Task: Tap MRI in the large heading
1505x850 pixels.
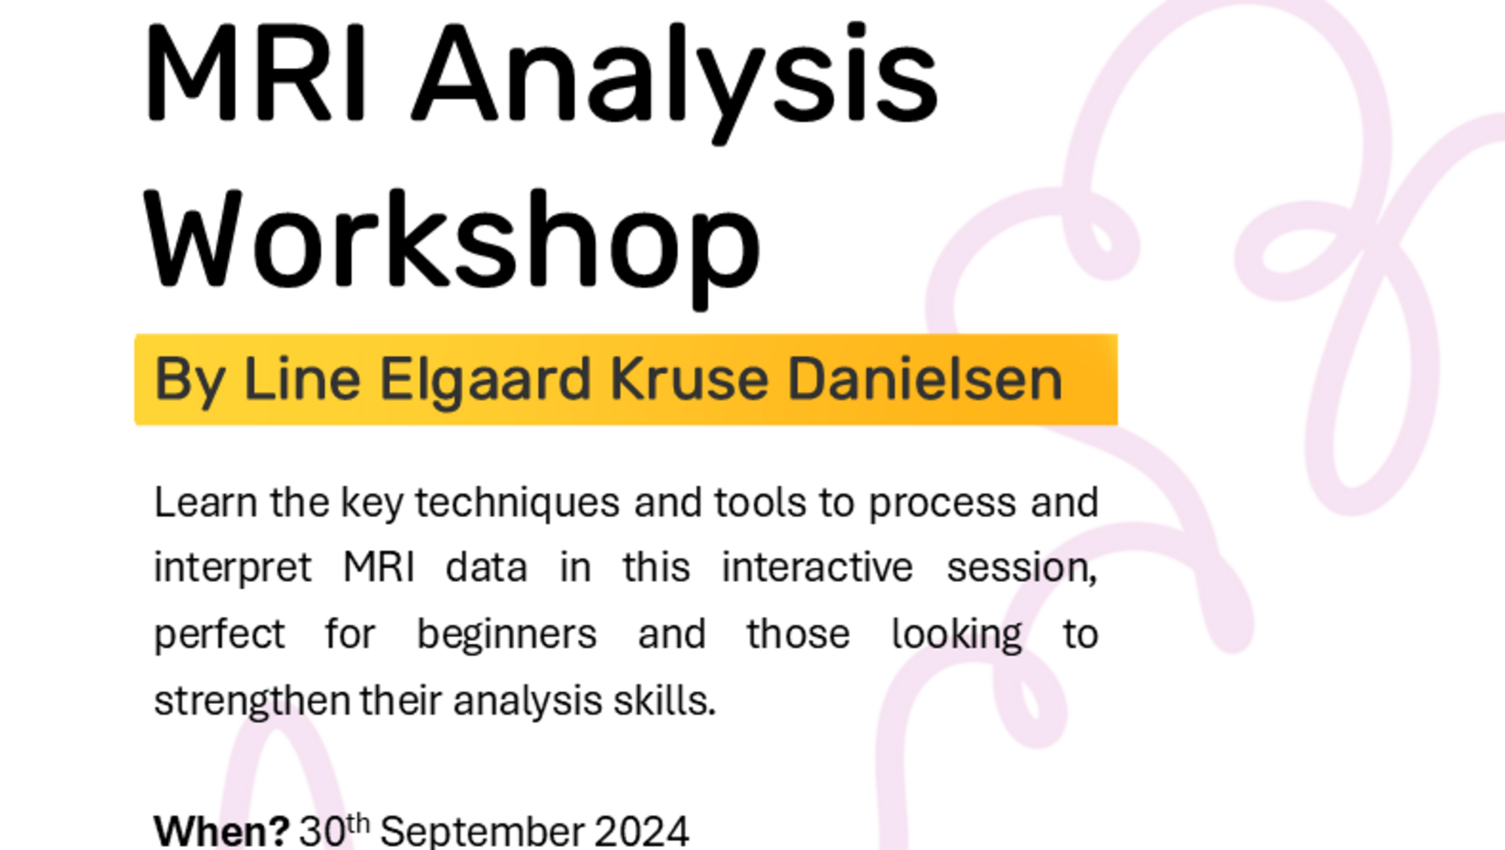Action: click(257, 73)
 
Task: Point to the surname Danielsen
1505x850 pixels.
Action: click(925, 378)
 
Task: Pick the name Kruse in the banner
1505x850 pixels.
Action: click(689, 378)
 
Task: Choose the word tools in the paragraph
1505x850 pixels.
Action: click(761, 502)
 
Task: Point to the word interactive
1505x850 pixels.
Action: click(817, 567)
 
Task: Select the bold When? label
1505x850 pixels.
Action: click(221, 831)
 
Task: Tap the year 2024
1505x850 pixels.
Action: click(642, 831)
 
